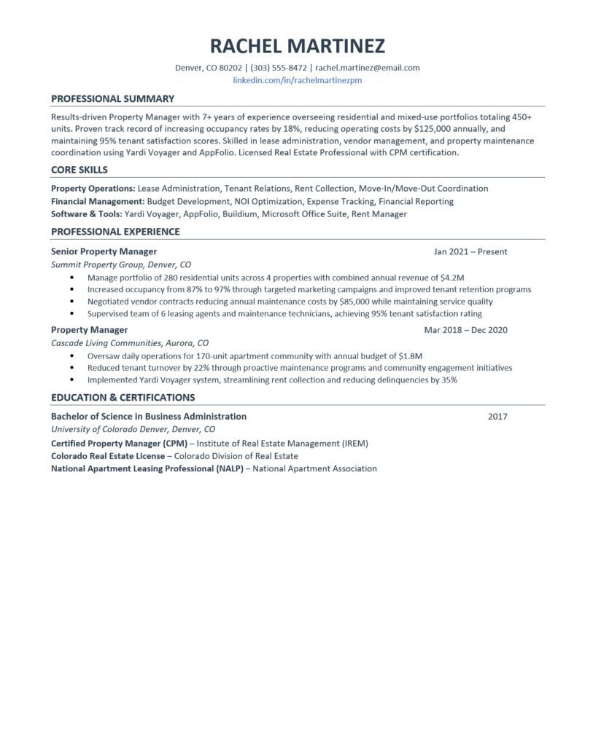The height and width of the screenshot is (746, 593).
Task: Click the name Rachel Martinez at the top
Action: (297, 46)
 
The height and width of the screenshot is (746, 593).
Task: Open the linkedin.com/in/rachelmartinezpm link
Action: (297, 80)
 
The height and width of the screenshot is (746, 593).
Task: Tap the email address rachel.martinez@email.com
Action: (368, 68)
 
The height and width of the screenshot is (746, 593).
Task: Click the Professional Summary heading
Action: (112, 98)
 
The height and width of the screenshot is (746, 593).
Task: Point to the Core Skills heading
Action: (80, 170)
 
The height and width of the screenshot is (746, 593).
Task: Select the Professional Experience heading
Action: (115, 232)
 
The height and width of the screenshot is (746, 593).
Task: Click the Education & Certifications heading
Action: (123, 397)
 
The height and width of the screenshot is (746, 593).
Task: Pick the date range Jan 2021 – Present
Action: (470, 252)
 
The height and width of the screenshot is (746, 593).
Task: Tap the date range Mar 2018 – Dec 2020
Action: (465, 330)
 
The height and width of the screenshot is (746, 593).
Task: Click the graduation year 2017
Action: (497, 417)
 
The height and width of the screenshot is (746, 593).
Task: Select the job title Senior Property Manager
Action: (104, 251)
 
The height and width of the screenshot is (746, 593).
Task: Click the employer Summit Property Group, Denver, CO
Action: (121, 264)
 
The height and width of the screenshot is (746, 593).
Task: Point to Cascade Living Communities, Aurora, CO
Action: (130, 342)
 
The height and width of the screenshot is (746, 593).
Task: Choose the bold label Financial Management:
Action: (98, 201)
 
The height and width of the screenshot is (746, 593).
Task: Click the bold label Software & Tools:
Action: (87, 214)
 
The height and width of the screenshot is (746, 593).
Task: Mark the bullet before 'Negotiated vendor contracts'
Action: (71, 302)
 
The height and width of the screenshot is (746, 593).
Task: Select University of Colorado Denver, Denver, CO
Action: (133, 429)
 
